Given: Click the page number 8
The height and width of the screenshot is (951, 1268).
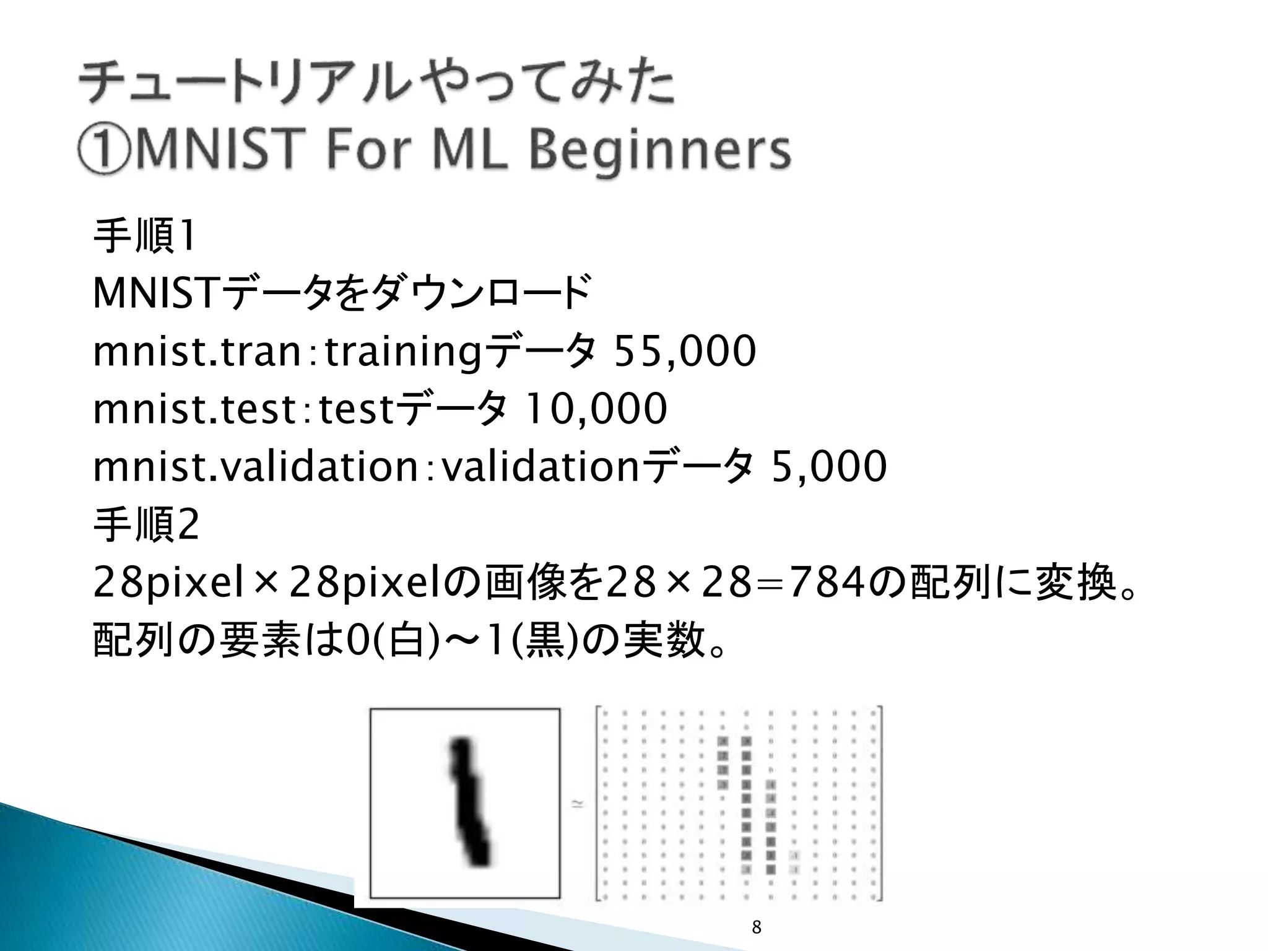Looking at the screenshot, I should (756, 927).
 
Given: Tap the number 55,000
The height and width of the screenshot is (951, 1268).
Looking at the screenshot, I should (684, 352).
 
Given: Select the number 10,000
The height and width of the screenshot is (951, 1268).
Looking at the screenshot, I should (595, 409).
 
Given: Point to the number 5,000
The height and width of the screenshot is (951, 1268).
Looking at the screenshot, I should (828, 466).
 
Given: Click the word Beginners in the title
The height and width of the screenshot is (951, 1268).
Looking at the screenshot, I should (661, 151).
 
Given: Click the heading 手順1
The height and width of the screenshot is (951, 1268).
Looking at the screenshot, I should (144, 237).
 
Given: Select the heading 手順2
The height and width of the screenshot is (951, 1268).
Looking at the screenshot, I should (145, 525).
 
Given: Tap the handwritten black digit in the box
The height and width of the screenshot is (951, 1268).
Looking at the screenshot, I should (469, 802).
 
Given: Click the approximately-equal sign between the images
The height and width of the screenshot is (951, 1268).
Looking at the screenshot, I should (577, 804).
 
